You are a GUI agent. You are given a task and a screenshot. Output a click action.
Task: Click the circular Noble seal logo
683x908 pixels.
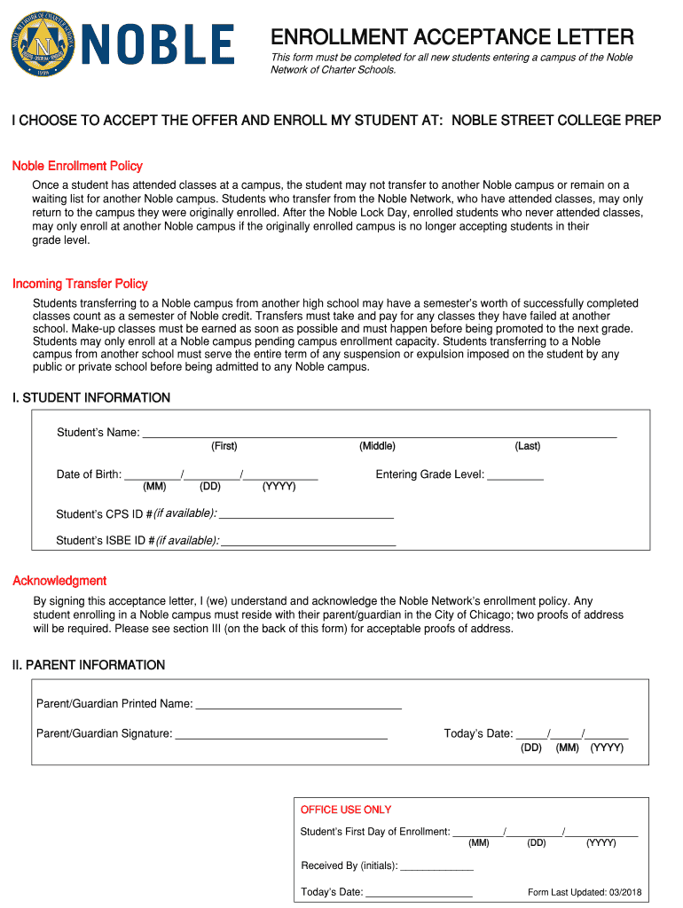click(x=41, y=43)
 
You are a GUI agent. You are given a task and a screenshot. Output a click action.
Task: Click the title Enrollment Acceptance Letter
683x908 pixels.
click(x=451, y=37)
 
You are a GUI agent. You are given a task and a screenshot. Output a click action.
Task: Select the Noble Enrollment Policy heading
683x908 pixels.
click(x=77, y=166)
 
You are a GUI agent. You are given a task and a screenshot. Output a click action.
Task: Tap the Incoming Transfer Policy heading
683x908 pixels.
click(x=80, y=284)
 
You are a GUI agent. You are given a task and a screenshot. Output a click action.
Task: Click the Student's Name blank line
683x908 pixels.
click(x=379, y=433)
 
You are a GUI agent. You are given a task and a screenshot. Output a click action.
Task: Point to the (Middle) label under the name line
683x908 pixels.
click(x=377, y=446)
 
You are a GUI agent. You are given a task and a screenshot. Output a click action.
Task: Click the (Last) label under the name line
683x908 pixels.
click(x=527, y=446)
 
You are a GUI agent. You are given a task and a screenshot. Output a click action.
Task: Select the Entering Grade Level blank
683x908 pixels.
click(x=515, y=475)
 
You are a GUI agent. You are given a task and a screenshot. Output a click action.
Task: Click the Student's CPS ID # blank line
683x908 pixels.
click(x=306, y=513)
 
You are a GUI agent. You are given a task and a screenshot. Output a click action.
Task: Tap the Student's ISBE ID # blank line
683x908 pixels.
click(x=308, y=541)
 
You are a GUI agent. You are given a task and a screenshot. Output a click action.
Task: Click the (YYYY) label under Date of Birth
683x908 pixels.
click(x=279, y=487)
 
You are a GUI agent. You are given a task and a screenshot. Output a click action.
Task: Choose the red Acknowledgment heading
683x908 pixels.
click(x=59, y=581)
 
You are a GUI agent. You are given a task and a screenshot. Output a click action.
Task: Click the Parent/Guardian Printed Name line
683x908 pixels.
click(x=298, y=704)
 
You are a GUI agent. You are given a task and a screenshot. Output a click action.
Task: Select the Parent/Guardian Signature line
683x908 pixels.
click(x=281, y=734)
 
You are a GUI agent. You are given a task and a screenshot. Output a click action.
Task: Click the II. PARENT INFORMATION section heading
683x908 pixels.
click(x=89, y=665)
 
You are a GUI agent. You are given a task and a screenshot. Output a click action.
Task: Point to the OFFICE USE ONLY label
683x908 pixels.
click(x=346, y=810)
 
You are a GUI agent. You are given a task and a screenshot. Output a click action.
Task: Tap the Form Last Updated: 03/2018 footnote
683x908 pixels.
click(x=584, y=892)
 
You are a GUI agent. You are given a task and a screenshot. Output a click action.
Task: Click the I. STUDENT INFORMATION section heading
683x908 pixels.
click(x=91, y=398)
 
